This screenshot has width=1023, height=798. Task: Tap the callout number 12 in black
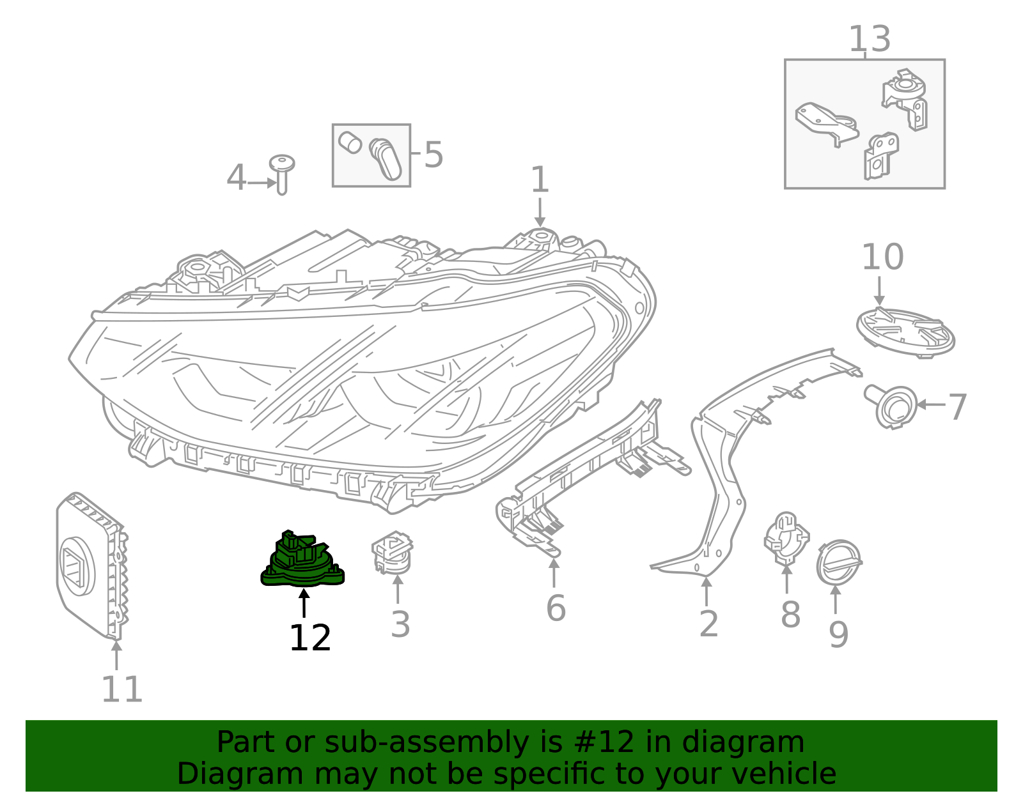tap(309, 638)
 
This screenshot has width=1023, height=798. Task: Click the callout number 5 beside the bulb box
tap(433, 155)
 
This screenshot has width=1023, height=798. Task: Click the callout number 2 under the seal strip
tap(708, 624)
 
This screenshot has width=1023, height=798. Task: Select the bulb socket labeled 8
tap(786, 538)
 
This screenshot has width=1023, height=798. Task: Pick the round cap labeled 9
tap(839, 562)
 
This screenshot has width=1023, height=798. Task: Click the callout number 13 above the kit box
tap(869, 40)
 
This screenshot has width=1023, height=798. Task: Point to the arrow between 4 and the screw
tap(261, 183)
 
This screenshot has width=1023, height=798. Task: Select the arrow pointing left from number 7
tap(931, 404)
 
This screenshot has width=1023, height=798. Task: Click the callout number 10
tap(882, 257)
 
